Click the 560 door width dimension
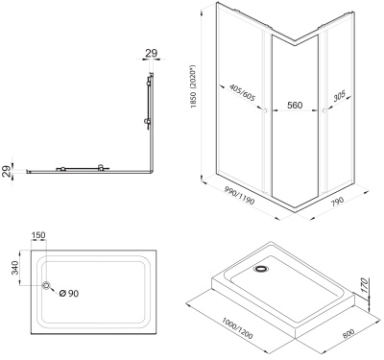pos(295,105)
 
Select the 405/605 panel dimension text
pos(243,93)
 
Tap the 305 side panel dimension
pos(339,96)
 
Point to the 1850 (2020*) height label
pos(193,86)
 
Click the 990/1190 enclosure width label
pos(239,196)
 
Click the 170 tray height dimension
pos(364,285)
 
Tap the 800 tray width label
pos(348,333)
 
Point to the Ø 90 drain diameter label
pos(69,293)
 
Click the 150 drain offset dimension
pos(38,235)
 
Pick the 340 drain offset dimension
pos(14,267)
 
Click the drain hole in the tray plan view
pos(47,285)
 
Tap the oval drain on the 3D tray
pos(262,269)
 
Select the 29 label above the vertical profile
pos(152,53)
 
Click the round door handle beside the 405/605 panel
pos(265,111)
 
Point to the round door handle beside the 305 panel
pos(324,111)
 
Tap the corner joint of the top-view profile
pos(152,172)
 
